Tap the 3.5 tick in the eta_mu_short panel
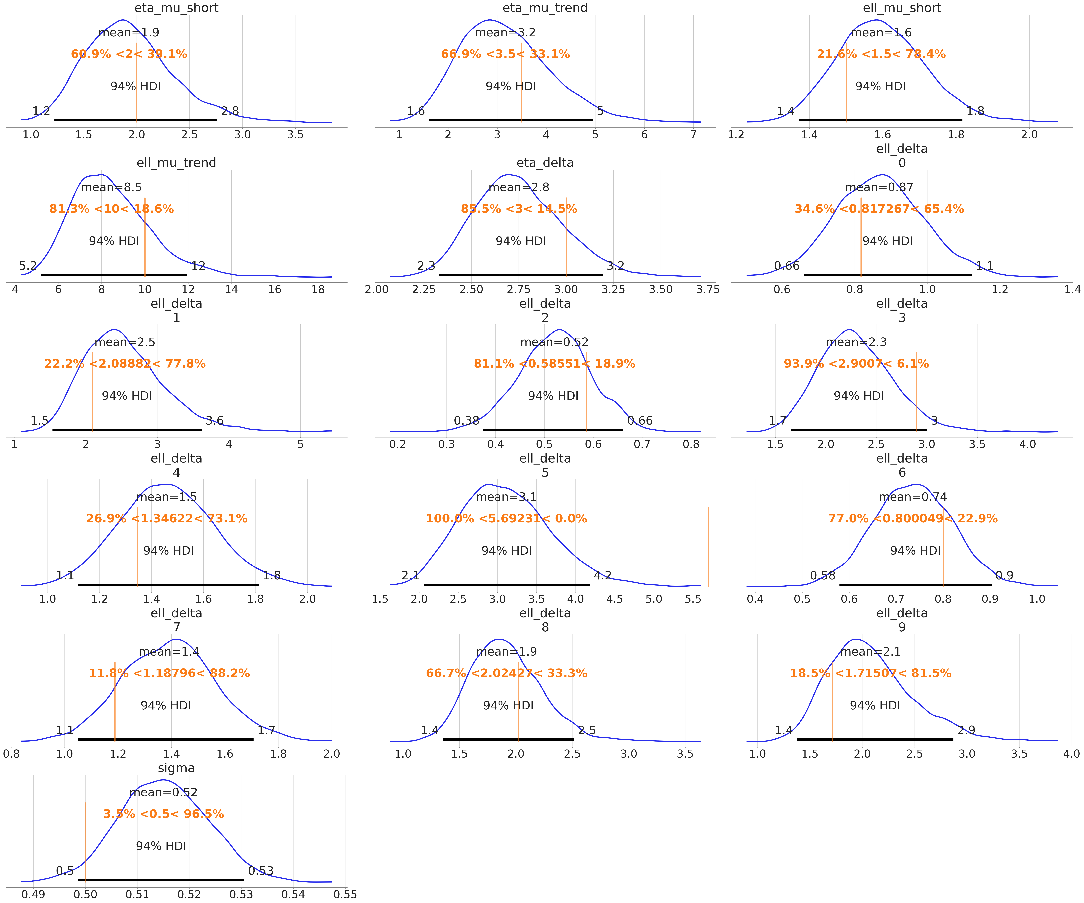(295, 135)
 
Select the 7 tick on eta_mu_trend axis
(693, 135)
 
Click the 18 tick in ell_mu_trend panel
(318, 289)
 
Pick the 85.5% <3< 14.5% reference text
(519, 209)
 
